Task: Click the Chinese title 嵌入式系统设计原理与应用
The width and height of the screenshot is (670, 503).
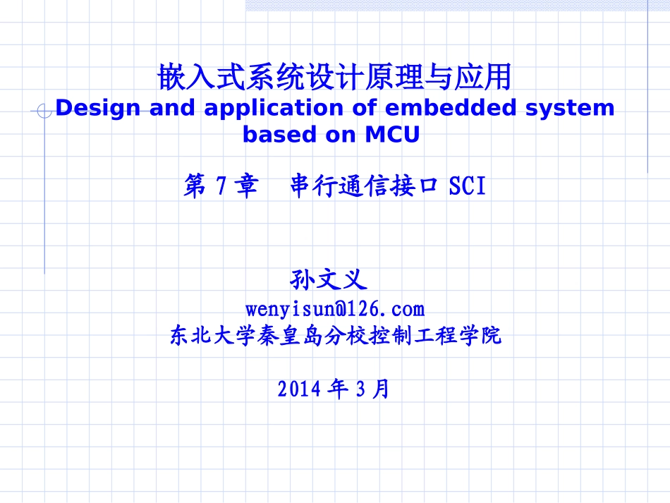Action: [334, 77]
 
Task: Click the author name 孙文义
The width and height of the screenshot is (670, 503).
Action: [329, 280]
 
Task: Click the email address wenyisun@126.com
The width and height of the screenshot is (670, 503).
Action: [335, 309]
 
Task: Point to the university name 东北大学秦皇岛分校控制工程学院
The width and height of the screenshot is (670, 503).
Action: [335, 335]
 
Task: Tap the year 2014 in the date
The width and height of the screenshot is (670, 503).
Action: [300, 389]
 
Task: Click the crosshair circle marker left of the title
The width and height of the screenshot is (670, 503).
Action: [44, 111]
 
